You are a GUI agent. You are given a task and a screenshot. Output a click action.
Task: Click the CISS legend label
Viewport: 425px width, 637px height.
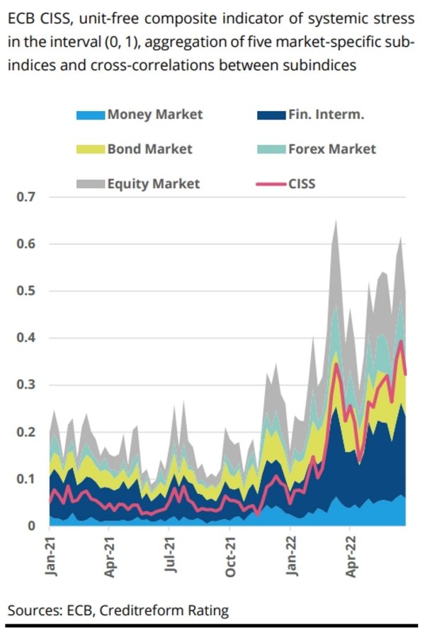pyautogui.click(x=302, y=183)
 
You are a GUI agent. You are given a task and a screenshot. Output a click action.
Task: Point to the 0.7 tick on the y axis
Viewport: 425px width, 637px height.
pyautogui.click(x=26, y=197)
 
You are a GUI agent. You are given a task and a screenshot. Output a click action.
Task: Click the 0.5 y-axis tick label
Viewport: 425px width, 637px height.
pyautogui.click(x=26, y=291)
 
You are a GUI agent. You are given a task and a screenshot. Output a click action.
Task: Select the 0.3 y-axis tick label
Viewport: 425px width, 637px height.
pyautogui.click(x=26, y=385)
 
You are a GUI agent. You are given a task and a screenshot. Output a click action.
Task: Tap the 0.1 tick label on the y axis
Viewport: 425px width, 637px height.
pyautogui.click(x=26, y=479)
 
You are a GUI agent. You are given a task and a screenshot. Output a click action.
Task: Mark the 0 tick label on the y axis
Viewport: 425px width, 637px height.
pyautogui.click(x=32, y=526)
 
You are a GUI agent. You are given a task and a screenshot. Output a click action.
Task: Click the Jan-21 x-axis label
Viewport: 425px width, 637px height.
pyautogui.click(x=51, y=558)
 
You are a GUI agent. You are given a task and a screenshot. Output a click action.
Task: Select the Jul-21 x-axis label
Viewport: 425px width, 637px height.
pyautogui.click(x=170, y=558)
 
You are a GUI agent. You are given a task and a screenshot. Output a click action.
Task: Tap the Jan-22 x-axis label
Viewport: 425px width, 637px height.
pyautogui.click(x=290, y=558)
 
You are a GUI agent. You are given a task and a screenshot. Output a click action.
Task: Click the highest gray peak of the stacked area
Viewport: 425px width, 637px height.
pyautogui.click(x=335, y=222)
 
